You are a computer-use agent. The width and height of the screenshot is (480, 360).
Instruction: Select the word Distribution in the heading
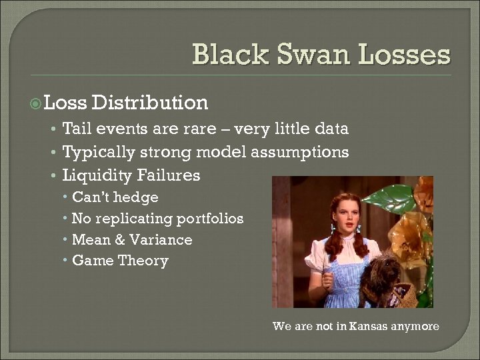click(150, 103)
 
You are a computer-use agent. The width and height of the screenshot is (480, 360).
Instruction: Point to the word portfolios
click(210, 219)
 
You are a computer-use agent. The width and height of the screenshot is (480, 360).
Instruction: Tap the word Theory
click(143, 261)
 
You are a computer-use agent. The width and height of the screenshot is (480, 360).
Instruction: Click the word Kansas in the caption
click(361, 327)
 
